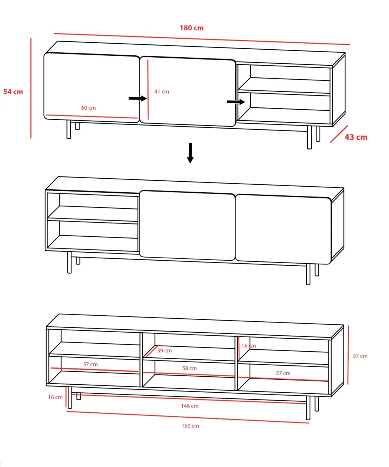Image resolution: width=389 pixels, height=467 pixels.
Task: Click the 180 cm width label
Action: click(191, 28)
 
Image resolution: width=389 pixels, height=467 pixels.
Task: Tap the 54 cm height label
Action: click(13, 92)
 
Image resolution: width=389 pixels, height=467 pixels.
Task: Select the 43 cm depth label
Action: click(356, 137)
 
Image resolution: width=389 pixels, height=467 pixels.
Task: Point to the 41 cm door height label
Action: click(161, 91)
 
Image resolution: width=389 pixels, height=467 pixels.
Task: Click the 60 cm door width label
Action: click(89, 108)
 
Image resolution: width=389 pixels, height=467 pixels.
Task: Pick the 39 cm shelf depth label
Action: click(164, 351)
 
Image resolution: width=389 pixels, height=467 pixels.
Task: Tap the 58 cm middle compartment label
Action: click(190, 368)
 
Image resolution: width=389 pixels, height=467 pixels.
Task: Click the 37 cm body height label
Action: click(360, 356)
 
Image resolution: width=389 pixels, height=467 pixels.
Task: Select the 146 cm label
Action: click(190, 406)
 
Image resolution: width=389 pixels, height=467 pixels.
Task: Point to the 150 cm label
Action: click(190, 426)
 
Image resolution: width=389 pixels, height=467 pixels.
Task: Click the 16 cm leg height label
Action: click(55, 397)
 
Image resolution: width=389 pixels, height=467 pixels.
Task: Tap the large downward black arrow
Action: click(190, 153)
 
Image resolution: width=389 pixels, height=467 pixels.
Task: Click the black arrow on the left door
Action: click(138, 98)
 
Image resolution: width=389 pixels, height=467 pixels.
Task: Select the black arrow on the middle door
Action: click(236, 102)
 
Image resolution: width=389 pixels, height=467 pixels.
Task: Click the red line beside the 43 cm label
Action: click(339, 134)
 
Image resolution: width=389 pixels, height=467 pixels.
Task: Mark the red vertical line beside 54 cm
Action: click(31, 88)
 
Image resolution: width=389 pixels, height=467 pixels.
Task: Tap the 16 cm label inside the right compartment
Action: click(248, 346)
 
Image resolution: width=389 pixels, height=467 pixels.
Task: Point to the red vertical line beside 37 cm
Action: click(348, 355)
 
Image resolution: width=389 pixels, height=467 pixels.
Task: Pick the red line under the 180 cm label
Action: click(202, 39)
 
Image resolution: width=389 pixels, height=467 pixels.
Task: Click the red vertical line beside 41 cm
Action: click(148, 90)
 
